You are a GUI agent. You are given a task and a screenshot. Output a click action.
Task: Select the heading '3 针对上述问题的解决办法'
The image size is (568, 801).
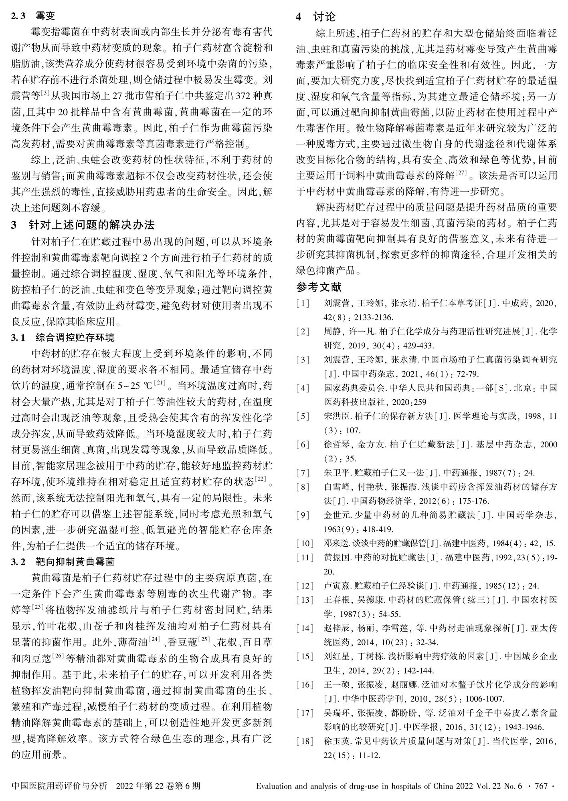point(83,225)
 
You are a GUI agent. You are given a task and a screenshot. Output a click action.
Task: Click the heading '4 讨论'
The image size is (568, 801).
point(315,16)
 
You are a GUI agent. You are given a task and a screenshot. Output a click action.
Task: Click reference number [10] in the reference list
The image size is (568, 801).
point(304,543)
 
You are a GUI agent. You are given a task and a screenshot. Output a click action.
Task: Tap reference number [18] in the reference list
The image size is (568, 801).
point(304,742)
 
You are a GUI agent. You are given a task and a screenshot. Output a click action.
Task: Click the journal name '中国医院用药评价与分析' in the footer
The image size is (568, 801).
point(59,786)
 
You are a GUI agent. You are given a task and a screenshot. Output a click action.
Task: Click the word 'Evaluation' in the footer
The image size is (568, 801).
point(273,786)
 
